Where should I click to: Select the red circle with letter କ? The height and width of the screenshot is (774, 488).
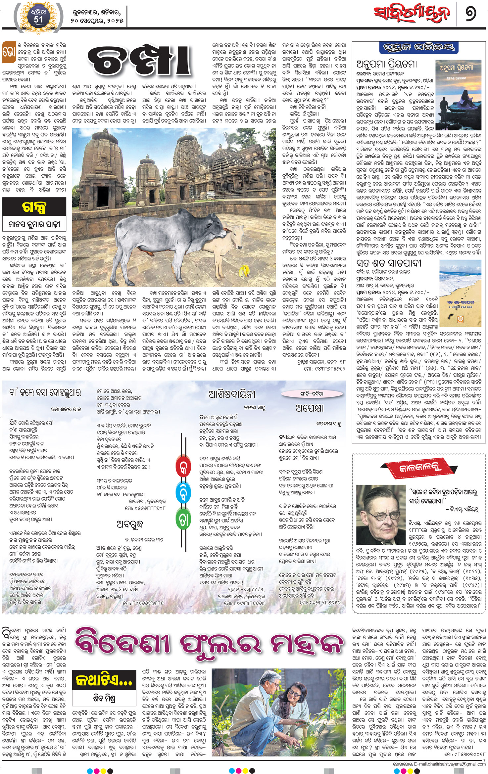pyautogui.click(x=183, y=469)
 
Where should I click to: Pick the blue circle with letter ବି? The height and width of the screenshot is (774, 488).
pyautogui.click(x=183, y=494)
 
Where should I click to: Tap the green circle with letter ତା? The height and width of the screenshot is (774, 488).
pyautogui.click(x=183, y=520)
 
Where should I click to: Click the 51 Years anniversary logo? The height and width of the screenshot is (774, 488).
pyautogui.click(x=38, y=17)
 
